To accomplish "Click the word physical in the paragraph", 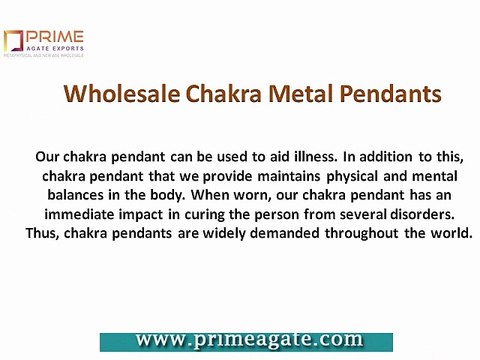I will [x=364, y=176].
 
